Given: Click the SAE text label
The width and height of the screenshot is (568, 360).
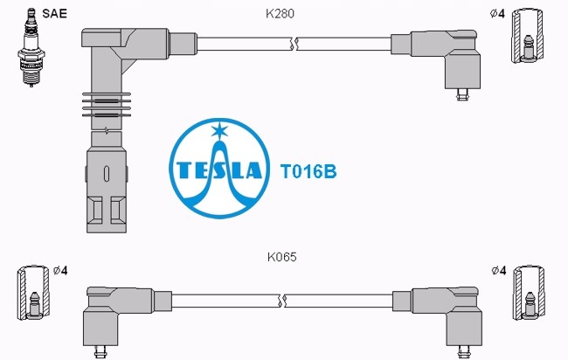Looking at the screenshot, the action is click(x=54, y=13).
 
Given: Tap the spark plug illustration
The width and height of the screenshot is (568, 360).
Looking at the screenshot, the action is click(x=31, y=47).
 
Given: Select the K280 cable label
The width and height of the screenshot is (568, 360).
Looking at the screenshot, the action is click(x=280, y=14).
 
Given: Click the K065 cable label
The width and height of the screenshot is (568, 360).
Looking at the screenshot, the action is click(x=282, y=257).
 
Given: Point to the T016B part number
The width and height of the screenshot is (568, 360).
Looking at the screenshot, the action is click(x=308, y=171).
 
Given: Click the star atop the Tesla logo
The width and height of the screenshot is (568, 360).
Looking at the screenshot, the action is click(x=219, y=130).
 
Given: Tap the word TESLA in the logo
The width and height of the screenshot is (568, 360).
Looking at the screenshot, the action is click(x=218, y=170).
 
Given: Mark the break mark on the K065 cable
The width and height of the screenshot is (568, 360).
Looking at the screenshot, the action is click(x=282, y=301).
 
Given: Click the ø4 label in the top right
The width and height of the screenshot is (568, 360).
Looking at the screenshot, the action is click(x=497, y=14).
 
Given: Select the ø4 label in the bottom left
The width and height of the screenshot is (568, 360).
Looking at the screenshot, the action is click(x=60, y=271).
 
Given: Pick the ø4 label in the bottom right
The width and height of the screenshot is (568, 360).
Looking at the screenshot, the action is click(x=499, y=270).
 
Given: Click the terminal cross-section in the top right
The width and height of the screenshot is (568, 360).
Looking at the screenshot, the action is click(x=528, y=36).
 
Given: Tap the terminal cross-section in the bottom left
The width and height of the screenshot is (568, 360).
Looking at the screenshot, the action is click(x=33, y=293).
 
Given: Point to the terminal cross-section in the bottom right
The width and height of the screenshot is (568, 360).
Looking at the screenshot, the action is click(x=530, y=293).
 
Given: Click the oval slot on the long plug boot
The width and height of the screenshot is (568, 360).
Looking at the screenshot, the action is click(x=107, y=174).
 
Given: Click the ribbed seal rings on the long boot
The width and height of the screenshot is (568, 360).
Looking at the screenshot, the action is click(x=107, y=105).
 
